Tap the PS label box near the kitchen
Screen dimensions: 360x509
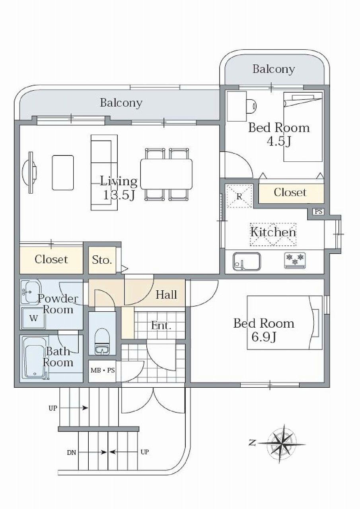coord(318,212)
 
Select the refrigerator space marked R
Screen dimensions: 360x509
coord(239,196)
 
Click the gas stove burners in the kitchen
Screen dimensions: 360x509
coord(295,260)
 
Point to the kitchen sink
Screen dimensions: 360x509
coord(247,262)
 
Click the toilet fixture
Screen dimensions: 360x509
coord(102,341)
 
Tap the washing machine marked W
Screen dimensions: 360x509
coord(34,319)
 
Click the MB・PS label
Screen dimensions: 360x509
coord(103,370)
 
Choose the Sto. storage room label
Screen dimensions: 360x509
coord(102,260)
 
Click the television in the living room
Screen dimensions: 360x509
coord(29,173)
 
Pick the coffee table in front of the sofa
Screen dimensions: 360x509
coord(63,173)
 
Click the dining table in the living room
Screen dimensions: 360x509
coord(166,174)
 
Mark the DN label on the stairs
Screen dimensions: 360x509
coord(71,453)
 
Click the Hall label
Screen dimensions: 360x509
coord(166,295)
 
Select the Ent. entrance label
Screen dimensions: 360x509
coord(161,326)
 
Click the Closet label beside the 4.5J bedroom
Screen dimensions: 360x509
coord(290,192)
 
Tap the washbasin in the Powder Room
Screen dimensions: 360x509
coord(31,292)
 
